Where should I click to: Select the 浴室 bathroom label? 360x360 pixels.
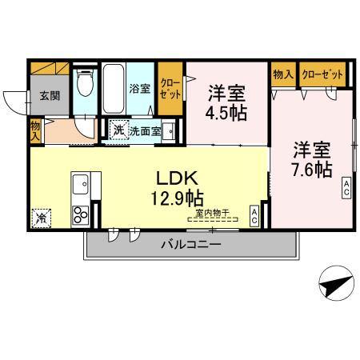[141, 89]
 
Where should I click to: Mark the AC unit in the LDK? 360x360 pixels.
[254, 214]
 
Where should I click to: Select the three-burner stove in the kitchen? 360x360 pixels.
[81, 214]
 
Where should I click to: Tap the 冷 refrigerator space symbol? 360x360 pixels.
[40, 216]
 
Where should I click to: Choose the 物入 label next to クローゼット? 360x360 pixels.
[282, 74]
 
